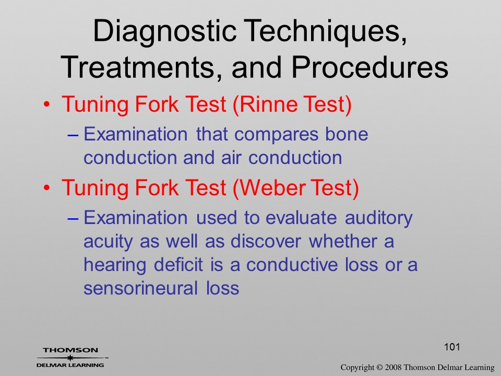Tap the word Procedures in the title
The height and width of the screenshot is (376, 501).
(x=370, y=67)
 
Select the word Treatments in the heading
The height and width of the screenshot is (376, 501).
(x=137, y=67)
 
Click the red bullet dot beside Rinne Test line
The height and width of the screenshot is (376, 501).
(x=46, y=104)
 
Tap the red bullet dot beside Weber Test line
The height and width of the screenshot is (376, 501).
(x=46, y=188)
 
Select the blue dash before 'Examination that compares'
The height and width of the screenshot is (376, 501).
(x=73, y=135)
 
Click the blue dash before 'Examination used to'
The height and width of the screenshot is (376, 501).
(x=73, y=219)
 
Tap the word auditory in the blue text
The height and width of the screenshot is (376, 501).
(x=379, y=219)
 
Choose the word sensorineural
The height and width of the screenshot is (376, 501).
(x=140, y=288)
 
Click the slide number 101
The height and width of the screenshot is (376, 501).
(x=452, y=347)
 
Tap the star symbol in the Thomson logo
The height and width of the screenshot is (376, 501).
(x=69, y=358)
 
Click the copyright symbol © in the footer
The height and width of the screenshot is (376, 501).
(x=379, y=368)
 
